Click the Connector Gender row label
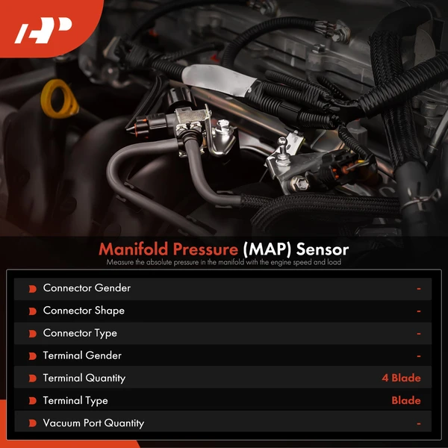pyautogui.click(x=87, y=288)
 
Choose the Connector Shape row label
pyautogui.click(x=84, y=311)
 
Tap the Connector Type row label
pyautogui.click(x=80, y=333)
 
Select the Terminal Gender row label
pyautogui.click(x=82, y=355)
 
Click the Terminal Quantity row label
pyautogui.click(x=84, y=378)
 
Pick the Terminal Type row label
pyautogui.click(x=75, y=400)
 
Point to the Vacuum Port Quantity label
pyautogui.click(x=93, y=423)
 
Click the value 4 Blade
pyautogui.click(x=401, y=378)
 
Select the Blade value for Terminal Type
pyautogui.click(x=406, y=400)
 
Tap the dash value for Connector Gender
pyautogui.click(x=419, y=288)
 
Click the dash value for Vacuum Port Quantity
pyautogui.click(x=419, y=423)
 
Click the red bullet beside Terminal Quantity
pyautogui.click(x=32, y=379)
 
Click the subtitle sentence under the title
pyautogui.click(x=224, y=261)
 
